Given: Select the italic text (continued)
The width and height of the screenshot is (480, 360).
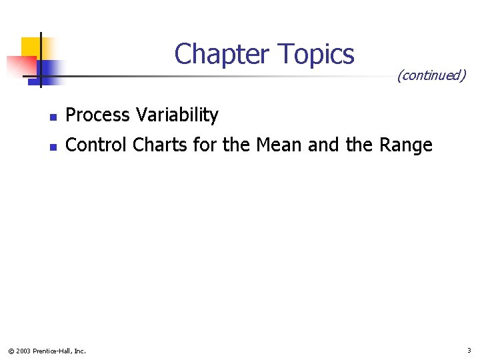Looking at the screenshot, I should [x=431, y=75].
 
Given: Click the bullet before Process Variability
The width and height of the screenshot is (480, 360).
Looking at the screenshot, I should [x=53, y=117].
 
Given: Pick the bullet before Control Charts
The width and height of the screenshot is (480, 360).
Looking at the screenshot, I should [x=53, y=146].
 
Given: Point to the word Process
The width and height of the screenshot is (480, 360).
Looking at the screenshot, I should [x=98, y=115].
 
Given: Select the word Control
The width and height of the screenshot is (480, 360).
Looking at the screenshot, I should [x=97, y=145].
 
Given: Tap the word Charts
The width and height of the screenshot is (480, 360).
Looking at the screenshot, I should [x=161, y=145].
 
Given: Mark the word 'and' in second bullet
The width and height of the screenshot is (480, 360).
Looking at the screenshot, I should [x=323, y=145].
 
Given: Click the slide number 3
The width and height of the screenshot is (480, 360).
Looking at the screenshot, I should [x=469, y=350].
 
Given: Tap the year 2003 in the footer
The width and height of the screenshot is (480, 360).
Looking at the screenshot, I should [x=23, y=351].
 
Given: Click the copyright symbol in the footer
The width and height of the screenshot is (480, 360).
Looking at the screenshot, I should [x=10, y=351].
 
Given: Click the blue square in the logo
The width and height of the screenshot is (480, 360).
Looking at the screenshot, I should [x=48, y=69].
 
